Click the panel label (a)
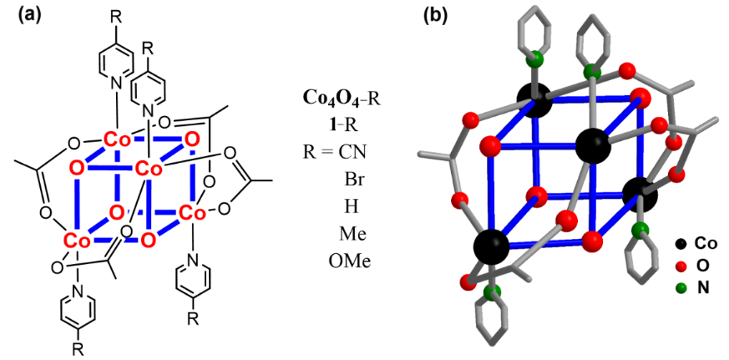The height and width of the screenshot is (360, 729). tap(30, 17)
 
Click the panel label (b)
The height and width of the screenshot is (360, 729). tap(435, 16)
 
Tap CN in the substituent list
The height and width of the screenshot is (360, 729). tap(358, 152)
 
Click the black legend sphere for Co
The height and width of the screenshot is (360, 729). tap(681, 243)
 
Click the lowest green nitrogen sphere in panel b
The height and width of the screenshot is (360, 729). tap(492, 292)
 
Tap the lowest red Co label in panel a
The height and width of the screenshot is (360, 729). tap(77, 241)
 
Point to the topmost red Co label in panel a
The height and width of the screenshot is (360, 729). tap(116, 139)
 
